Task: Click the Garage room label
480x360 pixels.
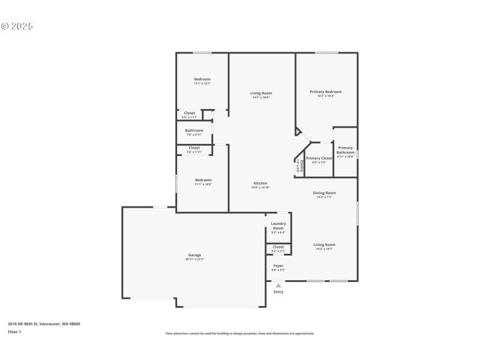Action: click(195, 255)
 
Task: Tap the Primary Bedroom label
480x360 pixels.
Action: click(326, 92)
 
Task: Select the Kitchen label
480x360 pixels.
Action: click(260, 184)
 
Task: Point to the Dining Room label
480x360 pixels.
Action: click(325, 193)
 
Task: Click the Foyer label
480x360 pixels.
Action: click(278, 266)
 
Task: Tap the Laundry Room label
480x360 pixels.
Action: click(278, 226)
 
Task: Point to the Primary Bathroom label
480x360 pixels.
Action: click(346, 150)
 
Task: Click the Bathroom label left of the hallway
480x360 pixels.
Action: click(194, 130)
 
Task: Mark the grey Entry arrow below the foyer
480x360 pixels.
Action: click(278, 286)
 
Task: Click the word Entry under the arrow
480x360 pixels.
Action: click(278, 292)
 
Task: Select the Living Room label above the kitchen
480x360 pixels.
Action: click(261, 93)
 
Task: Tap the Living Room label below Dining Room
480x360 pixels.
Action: click(325, 245)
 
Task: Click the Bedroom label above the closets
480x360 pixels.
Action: click(202, 79)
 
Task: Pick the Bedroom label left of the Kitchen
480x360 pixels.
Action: click(203, 180)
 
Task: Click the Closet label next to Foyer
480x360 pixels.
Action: click(278, 247)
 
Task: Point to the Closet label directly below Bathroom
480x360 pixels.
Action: click(194, 148)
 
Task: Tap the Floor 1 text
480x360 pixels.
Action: click(14, 332)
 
